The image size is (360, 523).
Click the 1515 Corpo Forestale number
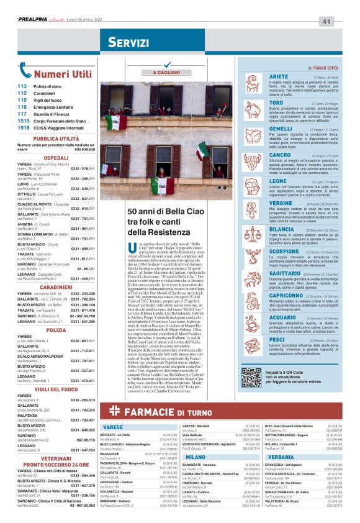click(23, 122)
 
